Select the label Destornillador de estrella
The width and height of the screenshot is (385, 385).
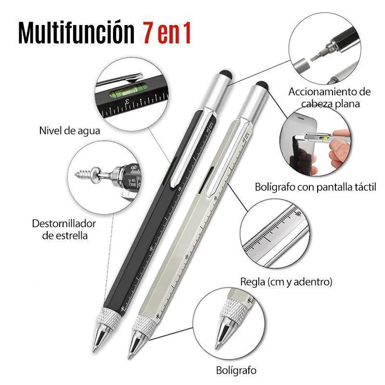(x=64, y=230)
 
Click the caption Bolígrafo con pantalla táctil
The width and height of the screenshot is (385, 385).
(x=315, y=187)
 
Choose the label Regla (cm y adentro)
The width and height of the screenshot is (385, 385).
(x=286, y=282)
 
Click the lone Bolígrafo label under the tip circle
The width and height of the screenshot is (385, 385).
(x=236, y=370)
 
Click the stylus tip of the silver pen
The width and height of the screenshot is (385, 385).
(x=261, y=86)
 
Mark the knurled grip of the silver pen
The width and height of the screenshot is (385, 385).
(x=143, y=326)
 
